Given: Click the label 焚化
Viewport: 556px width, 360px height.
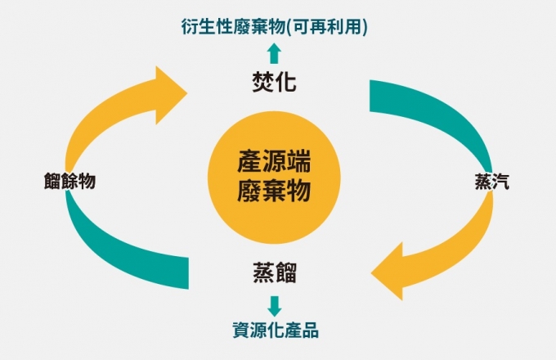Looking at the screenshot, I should coord(273,83).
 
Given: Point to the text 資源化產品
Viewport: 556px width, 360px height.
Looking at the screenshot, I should coord(274,331).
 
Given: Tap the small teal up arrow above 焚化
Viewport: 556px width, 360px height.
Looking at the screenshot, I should coord(274,55).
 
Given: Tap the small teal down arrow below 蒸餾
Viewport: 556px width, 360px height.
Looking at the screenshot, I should coord(274,305).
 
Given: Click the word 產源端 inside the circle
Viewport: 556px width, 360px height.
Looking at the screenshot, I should coord(274,160).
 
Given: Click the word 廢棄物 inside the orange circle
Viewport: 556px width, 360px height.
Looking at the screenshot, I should coord(274,192).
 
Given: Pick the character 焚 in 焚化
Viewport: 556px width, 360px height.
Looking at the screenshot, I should coord(262,83).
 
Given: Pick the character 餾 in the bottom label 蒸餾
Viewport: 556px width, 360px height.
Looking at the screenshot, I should coord(285,273).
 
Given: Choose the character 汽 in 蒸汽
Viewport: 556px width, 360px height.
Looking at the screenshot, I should coord(500,182).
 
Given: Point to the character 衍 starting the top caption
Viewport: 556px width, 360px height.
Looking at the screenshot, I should coord(189,27).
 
